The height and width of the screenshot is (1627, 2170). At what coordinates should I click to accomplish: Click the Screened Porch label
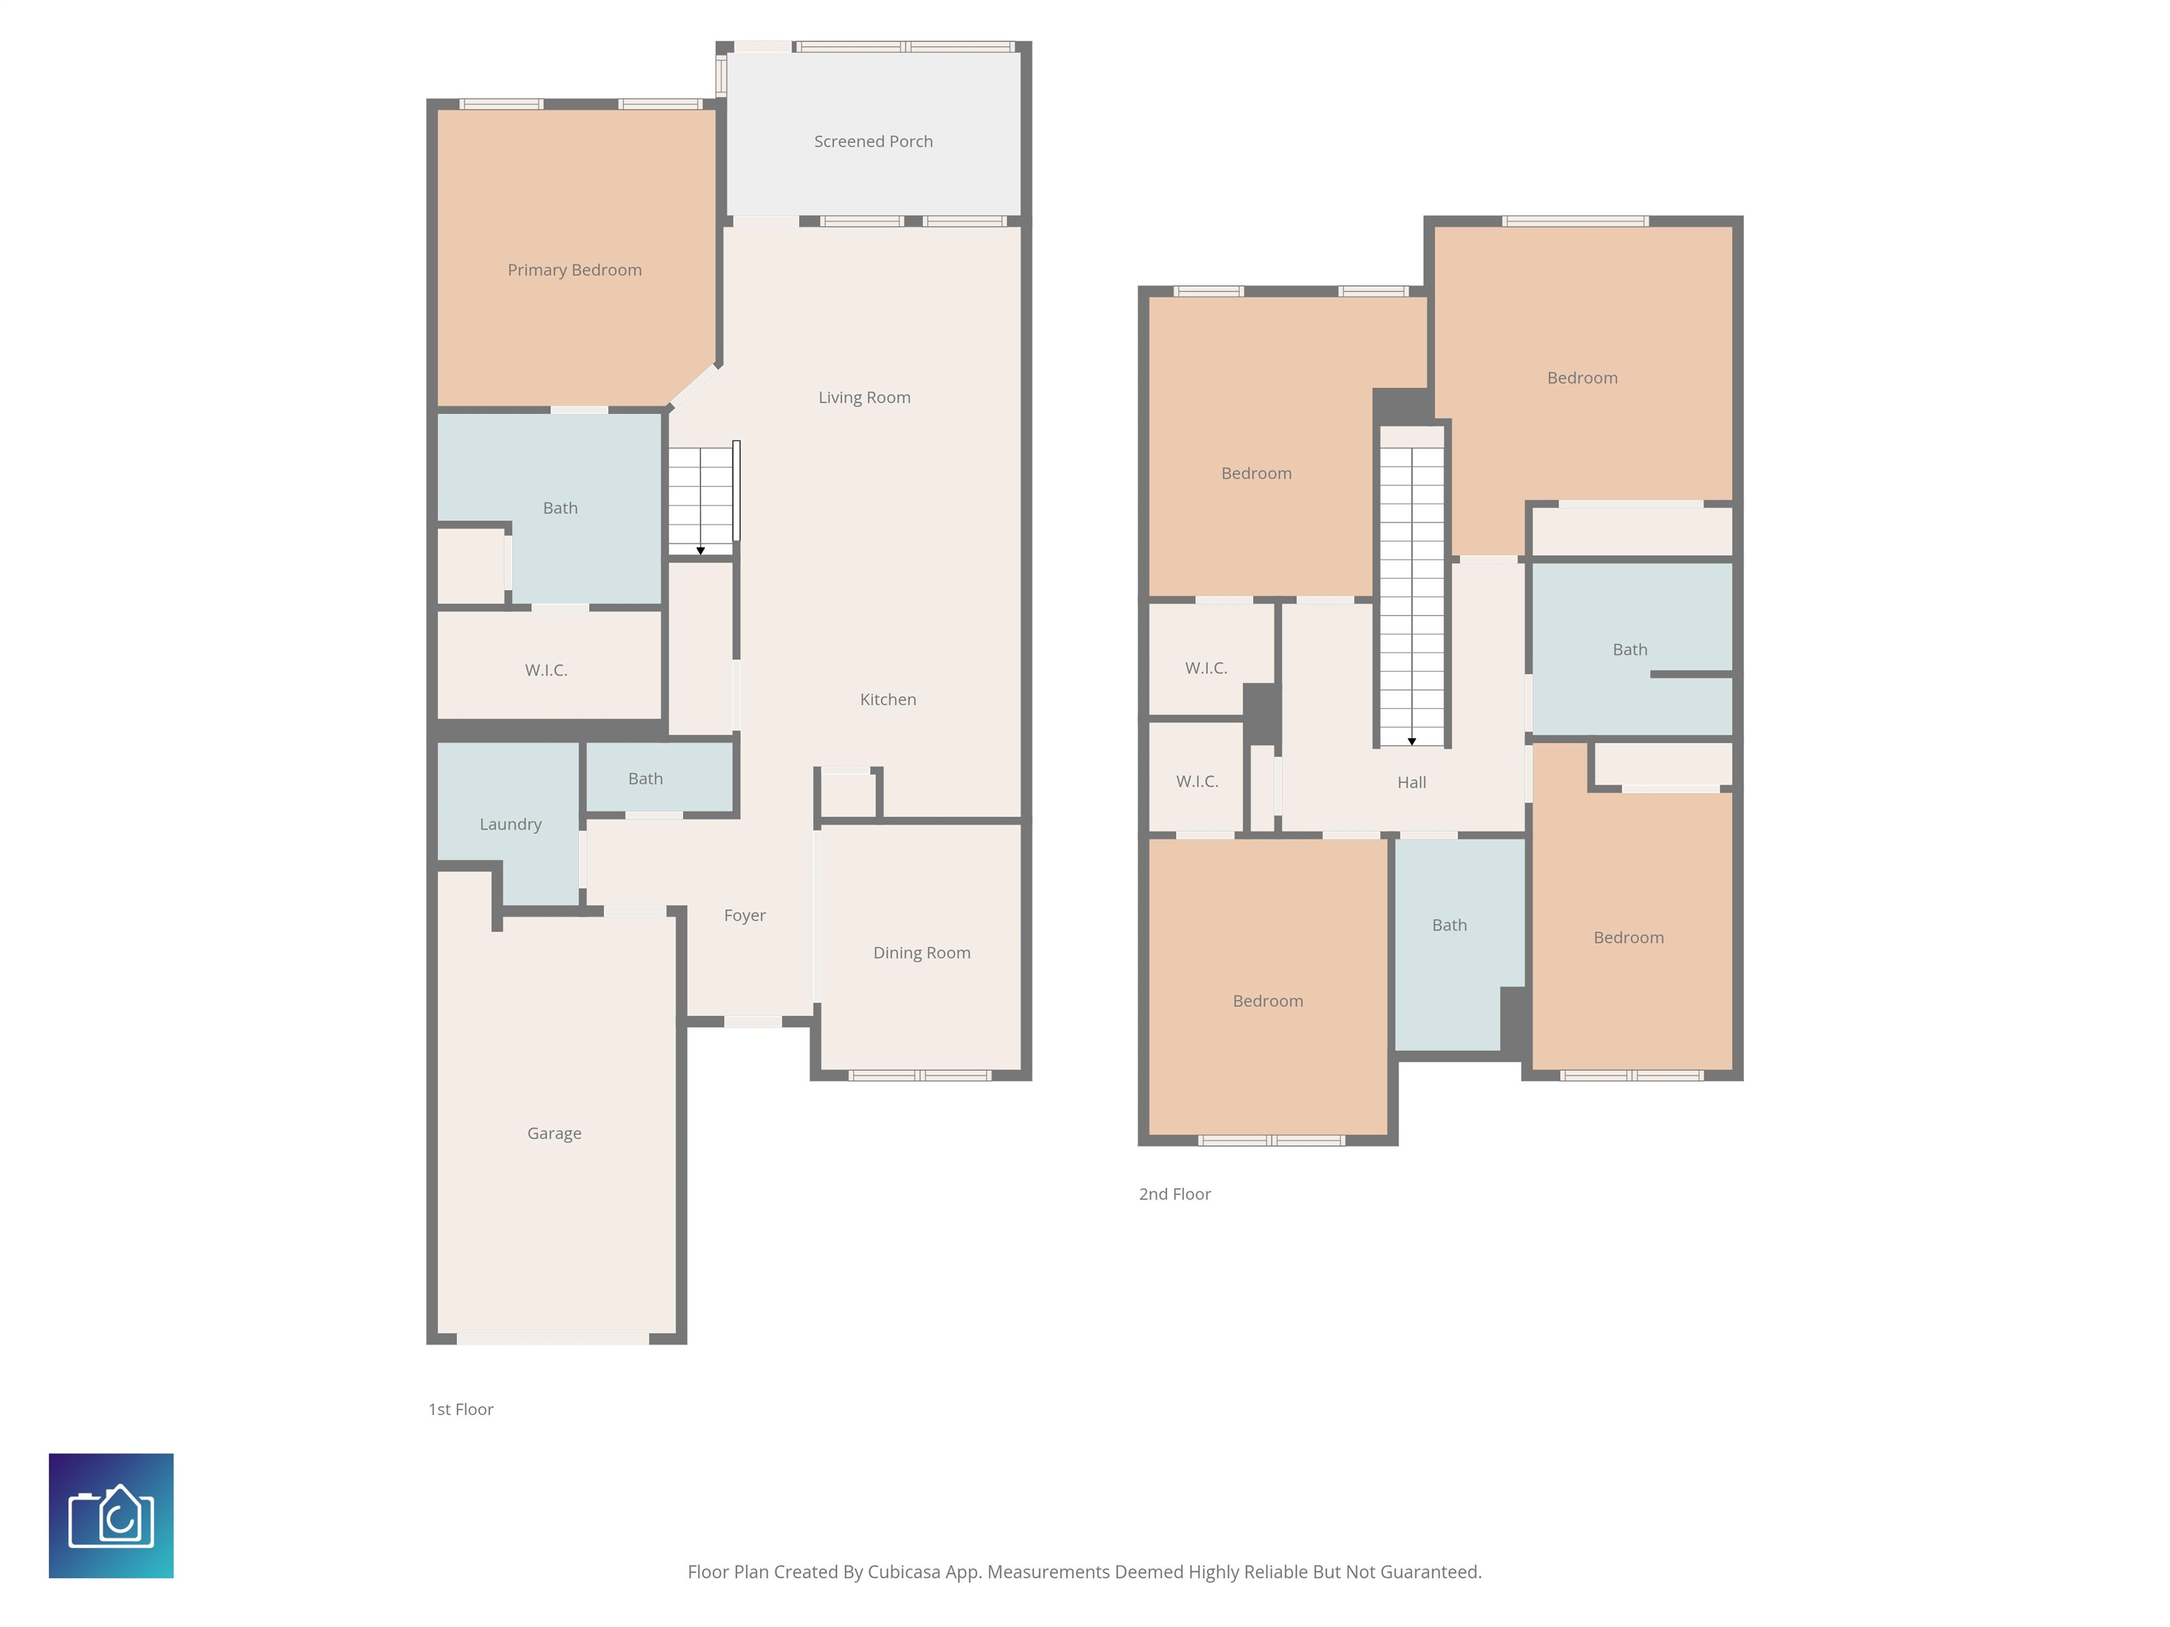click(x=873, y=141)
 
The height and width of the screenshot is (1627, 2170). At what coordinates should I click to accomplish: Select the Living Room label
click(x=865, y=397)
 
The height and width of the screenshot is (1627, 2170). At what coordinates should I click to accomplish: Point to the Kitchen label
click(x=888, y=699)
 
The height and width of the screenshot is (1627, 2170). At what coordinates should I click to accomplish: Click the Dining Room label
click(x=921, y=953)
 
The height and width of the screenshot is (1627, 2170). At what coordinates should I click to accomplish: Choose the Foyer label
click(x=745, y=915)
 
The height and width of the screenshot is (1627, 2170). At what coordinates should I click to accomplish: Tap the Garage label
click(x=555, y=1133)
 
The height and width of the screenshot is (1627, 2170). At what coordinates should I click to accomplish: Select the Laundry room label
click(x=510, y=824)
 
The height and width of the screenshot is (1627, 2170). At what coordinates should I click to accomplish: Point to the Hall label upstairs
click(x=1411, y=782)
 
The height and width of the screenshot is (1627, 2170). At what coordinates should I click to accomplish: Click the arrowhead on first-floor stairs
click(x=701, y=550)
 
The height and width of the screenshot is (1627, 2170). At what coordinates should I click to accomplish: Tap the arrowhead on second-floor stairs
click(x=1411, y=741)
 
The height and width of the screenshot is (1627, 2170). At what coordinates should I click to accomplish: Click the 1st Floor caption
click(x=460, y=1410)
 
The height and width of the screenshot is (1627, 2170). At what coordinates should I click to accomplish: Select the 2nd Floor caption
click(x=1174, y=1193)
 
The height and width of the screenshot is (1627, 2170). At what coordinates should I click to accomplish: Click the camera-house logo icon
click(x=111, y=1515)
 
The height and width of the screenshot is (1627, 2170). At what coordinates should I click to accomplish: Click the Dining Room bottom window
click(x=920, y=1076)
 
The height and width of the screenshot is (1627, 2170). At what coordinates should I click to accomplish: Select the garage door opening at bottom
click(x=553, y=1339)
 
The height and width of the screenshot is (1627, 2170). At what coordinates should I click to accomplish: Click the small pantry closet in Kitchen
click(x=848, y=794)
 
